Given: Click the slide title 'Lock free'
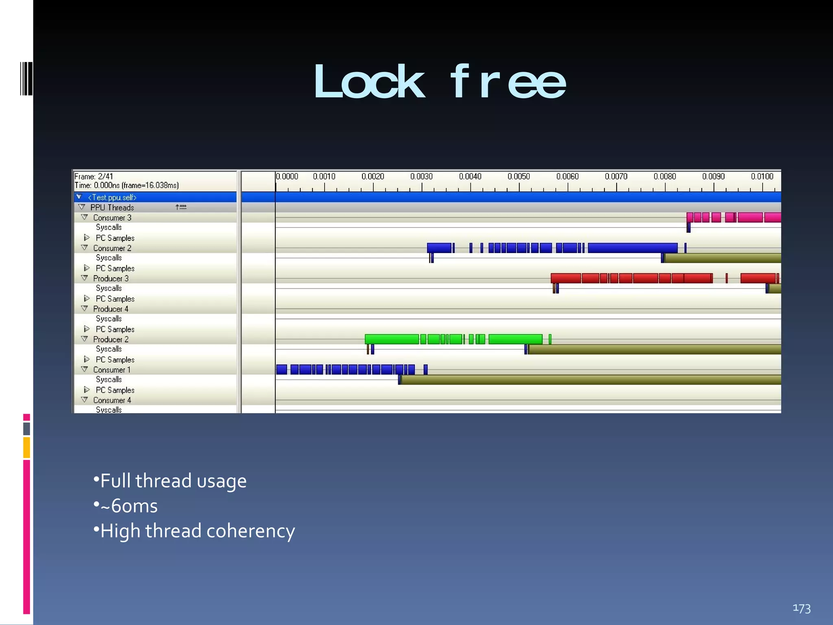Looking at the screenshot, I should (x=439, y=82).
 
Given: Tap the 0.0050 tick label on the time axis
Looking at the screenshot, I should (x=519, y=177).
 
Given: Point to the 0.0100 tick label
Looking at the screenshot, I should (x=762, y=177).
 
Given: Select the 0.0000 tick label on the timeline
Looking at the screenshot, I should (x=287, y=177).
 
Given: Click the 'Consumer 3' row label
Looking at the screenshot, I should (x=112, y=218).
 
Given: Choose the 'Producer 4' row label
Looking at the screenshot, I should (x=111, y=309).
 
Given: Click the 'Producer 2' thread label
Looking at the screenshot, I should (x=111, y=339).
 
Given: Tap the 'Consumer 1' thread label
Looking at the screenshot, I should (x=112, y=370).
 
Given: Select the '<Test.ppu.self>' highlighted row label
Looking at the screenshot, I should (x=112, y=197).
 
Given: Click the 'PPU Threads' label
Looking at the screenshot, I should (x=112, y=208).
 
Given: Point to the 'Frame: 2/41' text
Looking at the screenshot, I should (x=94, y=177).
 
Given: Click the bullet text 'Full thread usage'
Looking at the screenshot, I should (x=173, y=481).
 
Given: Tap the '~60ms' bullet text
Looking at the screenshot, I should (x=129, y=506).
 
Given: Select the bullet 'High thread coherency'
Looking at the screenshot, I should (x=198, y=531).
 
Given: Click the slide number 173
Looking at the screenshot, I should (x=801, y=608).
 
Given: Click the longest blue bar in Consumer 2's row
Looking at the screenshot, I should (x=632, y=248).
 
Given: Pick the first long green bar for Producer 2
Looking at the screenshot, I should (x=392, y=339).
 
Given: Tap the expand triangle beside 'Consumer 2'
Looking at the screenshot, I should (x=85, y=248).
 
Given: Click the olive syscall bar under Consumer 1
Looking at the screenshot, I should (x=590, y=380).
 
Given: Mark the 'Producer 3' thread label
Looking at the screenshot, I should (x=111, y=278).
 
